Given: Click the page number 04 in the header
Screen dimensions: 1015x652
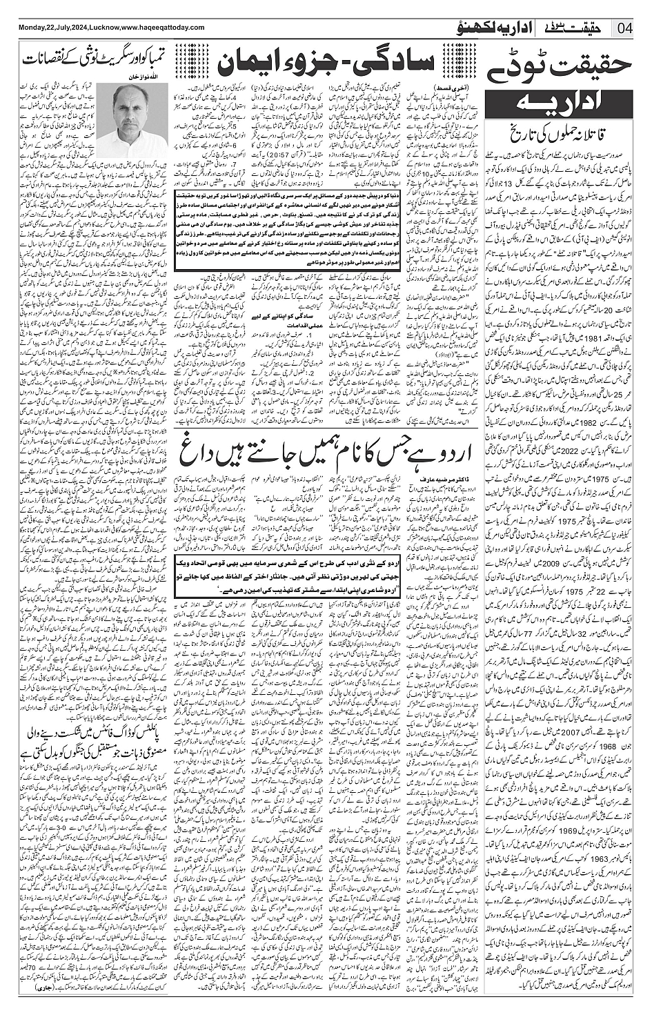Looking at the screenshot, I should [x=626, y=28].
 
